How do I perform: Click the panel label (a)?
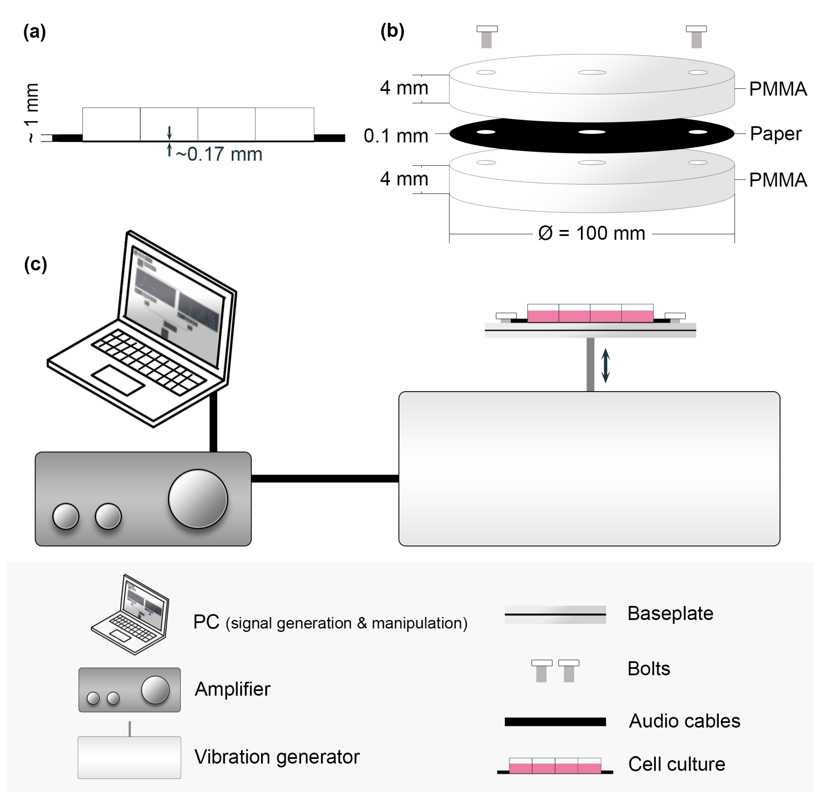click(x=35, y=32)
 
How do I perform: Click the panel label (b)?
click(x=392, y=31)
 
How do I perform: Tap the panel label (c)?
click(x=36, y=265)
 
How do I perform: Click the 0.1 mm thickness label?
click(x=396, y=136)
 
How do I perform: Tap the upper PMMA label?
click(x=777, y=89)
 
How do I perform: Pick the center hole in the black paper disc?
click(x=592, y=132)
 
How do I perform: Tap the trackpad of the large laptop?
click(x=118, y=380)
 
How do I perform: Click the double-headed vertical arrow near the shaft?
click(x=606, y=365)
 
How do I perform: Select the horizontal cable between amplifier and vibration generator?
click(x=325, y=478)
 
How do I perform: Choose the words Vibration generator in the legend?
click(x=277, y=757)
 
